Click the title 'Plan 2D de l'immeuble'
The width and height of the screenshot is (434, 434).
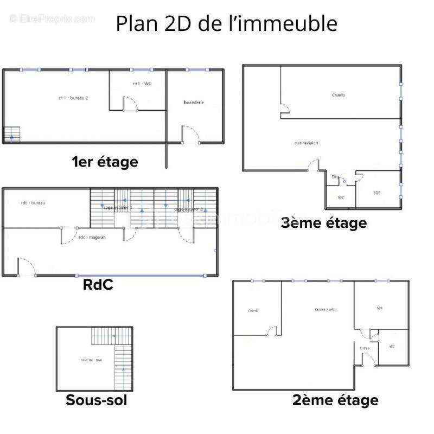(x=226, y=24)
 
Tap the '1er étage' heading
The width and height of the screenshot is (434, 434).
(x=105, y=162)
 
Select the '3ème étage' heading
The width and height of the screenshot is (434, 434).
(x=323, y=222)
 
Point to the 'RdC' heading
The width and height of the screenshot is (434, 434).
(x=98, y=284)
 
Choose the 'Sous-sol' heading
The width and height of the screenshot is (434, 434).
(x=97, y=400)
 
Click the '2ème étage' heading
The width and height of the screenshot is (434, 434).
(x=335, y=400)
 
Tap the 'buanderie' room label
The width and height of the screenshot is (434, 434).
(x=194, y=103)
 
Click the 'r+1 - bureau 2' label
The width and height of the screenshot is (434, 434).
(x=73, y=98)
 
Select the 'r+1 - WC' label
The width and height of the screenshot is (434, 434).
(x=142, y=84)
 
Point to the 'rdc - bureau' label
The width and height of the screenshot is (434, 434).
(x=33, y=203)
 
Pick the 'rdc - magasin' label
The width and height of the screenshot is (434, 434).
(x=92, y=237)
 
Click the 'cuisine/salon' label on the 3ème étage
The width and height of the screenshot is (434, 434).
(x=306, y=143)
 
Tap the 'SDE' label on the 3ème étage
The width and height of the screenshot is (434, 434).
(x=376, y=193)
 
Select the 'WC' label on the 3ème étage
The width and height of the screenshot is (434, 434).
(x=341, y=197)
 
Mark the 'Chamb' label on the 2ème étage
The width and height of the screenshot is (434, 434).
(x=253, y=311)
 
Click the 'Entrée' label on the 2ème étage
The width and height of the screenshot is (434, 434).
(x=365, y=348)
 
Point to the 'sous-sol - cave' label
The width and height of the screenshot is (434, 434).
(x=91, y=360)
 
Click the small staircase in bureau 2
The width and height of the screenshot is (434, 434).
(x=11, y=134)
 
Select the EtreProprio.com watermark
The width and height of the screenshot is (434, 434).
(x=52, y=19)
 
